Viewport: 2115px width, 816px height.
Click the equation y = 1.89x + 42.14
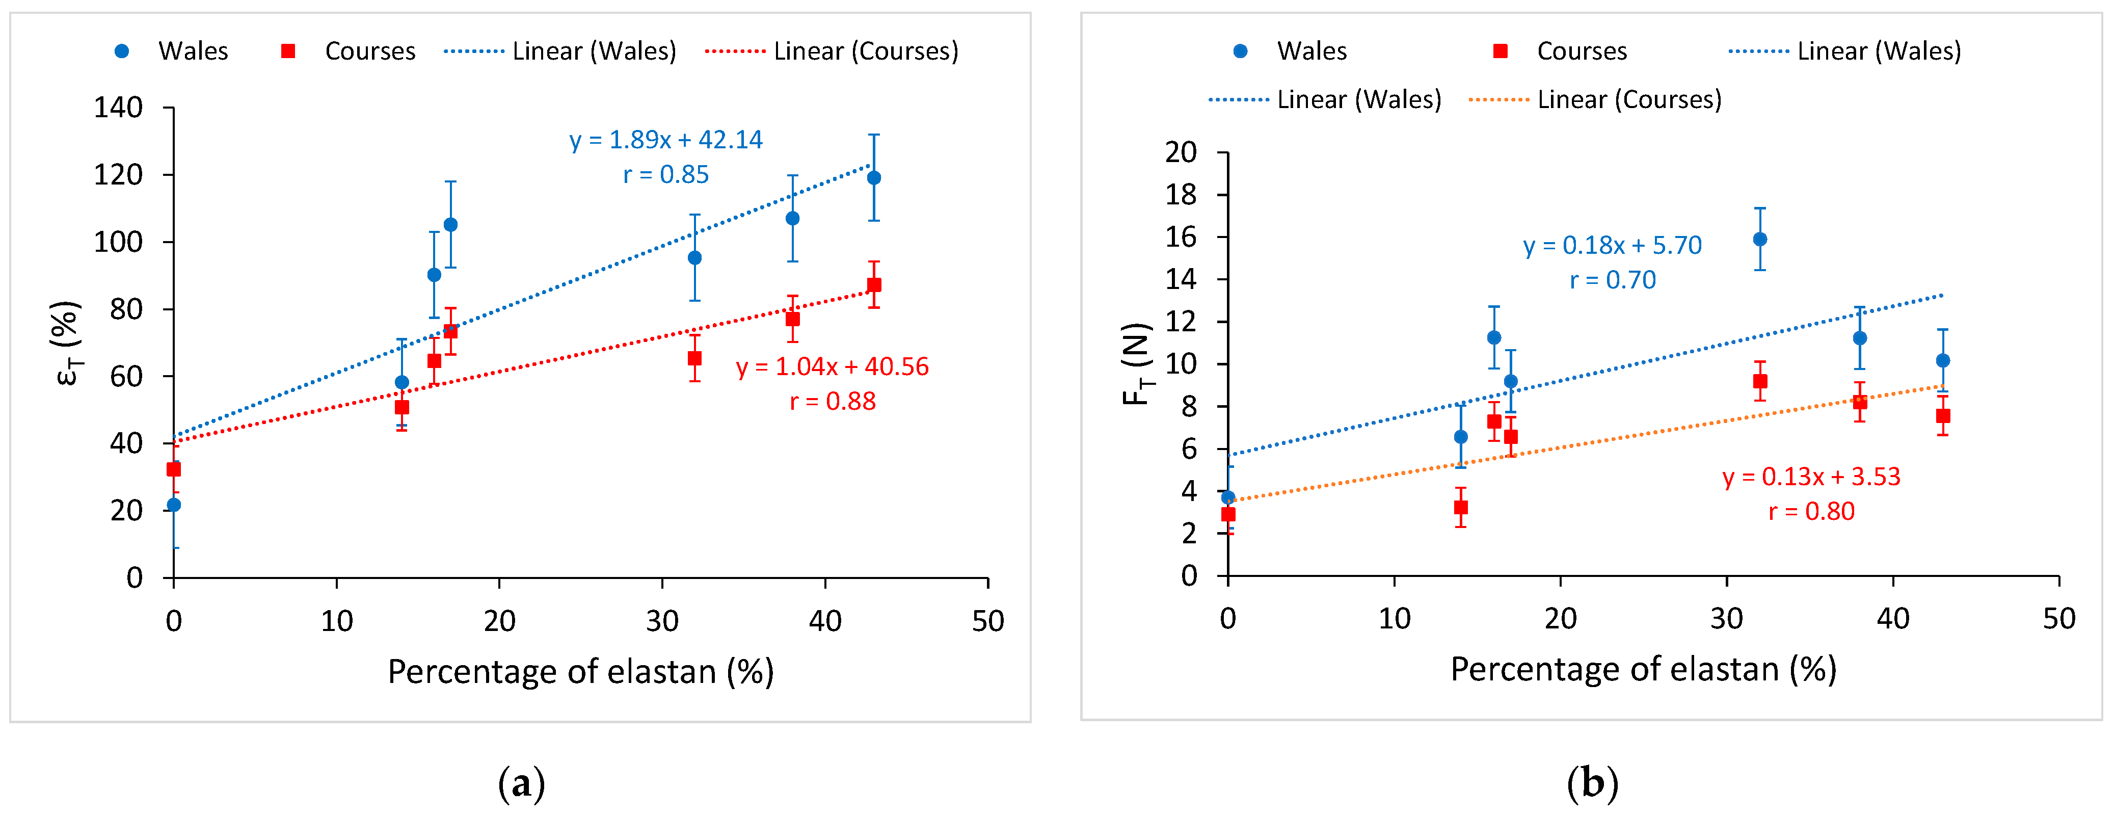(666, 140)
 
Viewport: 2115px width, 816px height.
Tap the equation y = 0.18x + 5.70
(1612, 246)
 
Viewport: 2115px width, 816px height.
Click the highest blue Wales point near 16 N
(1759, 240)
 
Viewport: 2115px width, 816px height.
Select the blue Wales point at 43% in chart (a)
(874, 178)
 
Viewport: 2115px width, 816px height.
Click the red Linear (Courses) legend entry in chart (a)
(831, 51)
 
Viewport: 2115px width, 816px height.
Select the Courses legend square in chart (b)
(1500, 51)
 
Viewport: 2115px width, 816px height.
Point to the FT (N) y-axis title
(1137, 364)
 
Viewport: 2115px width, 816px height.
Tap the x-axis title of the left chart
(580, 672)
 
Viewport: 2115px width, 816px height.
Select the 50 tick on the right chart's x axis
(2058, 619)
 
